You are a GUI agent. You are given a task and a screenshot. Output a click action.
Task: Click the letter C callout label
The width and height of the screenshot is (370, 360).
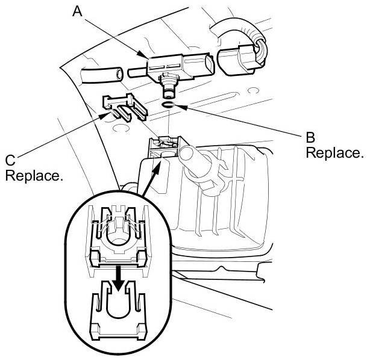(10, 161)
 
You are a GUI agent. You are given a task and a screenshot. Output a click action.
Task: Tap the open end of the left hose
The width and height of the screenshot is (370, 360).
(120, 74)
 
